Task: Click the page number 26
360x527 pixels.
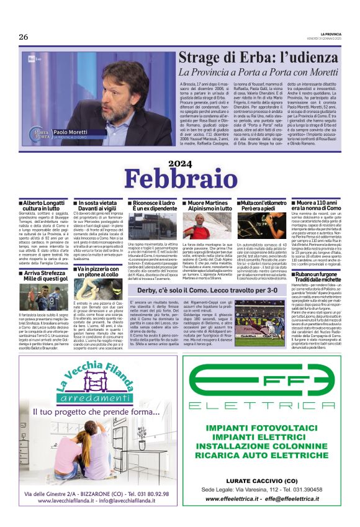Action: tap(24, 37)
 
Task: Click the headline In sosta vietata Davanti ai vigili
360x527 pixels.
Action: tap(99, 206)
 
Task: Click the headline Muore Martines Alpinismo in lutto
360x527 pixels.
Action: tap(207, 206)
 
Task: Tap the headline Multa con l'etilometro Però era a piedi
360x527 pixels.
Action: tap(262, 206)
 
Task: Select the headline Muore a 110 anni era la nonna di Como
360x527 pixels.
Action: tap(317, 206)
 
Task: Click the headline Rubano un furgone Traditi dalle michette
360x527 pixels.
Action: tap(317, 277)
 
